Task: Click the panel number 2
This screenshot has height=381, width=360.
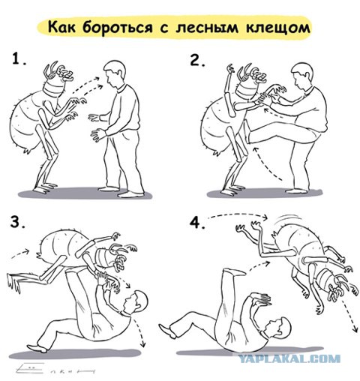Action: point(198,60)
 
